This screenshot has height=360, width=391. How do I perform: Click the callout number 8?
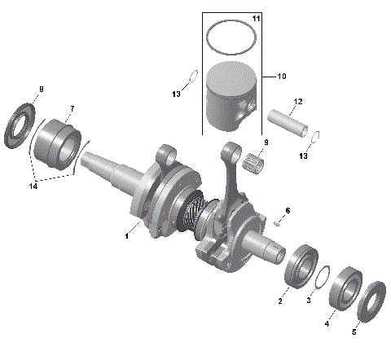point(42,88)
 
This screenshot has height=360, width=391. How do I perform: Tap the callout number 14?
point(32,187)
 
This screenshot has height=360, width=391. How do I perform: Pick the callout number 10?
point(282,77)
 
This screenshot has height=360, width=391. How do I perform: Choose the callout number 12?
point(298,102)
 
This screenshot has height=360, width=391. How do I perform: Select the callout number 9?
point(264,143)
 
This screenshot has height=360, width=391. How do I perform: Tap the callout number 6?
point(287,210)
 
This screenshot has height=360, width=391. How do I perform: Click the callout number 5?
point(354,332)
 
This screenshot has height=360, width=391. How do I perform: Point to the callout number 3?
point(308,301)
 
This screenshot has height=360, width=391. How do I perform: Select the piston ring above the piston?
point(231,37)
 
